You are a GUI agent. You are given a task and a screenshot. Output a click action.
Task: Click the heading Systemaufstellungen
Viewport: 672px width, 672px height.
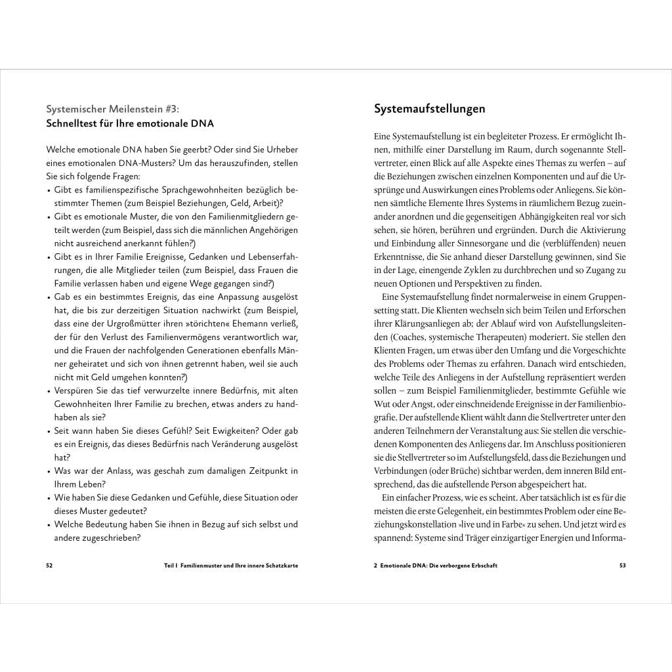pos(429,109)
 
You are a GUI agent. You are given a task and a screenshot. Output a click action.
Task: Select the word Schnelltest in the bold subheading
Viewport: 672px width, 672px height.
pos(73,123)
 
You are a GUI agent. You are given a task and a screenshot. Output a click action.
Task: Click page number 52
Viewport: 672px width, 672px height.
pos(49,565)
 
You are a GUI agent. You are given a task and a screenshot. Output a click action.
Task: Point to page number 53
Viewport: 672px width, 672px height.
pos(622,565)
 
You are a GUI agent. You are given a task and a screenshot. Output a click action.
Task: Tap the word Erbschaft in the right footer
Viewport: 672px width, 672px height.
pos(482,565)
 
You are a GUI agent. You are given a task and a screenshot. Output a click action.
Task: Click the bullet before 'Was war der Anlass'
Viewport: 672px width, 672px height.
pos(49,471)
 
